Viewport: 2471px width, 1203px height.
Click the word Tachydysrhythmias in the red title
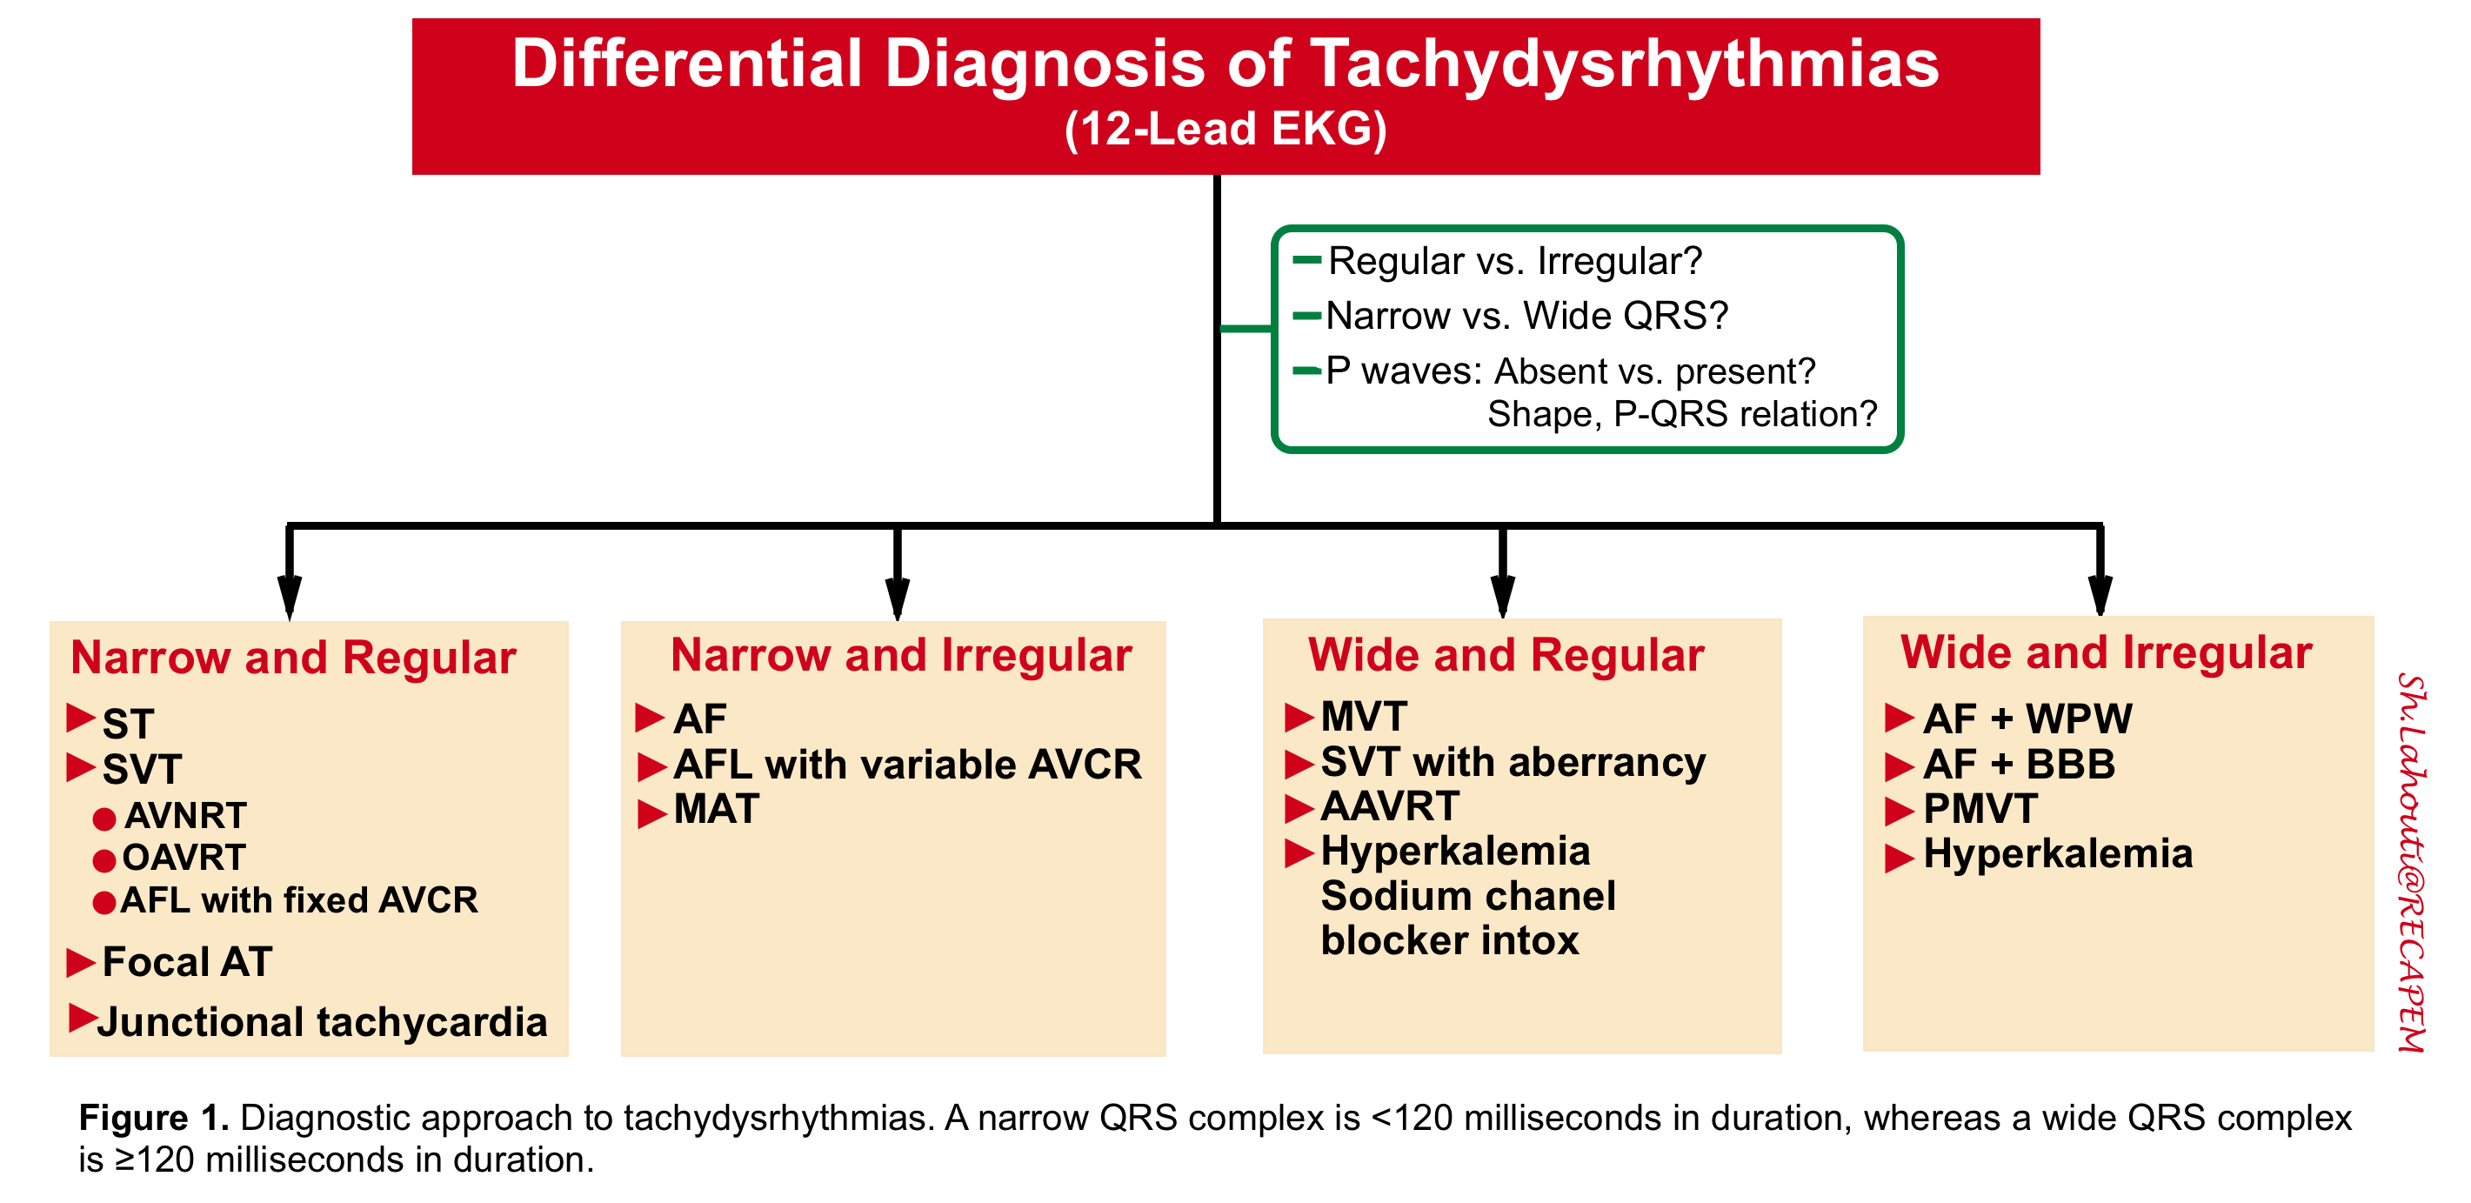1623,65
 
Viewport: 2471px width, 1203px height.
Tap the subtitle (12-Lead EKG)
1225,130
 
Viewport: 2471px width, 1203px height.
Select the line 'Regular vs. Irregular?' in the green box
1513,261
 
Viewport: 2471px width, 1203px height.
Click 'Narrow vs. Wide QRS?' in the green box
1526,316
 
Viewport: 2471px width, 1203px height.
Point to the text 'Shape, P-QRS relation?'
1680,414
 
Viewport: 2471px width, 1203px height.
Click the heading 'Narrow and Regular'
293,658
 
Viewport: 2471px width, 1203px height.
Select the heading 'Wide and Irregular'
2106,652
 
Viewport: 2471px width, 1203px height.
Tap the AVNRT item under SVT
185,815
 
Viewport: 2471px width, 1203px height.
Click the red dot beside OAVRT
104,860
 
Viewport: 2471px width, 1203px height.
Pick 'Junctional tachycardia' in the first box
323,1023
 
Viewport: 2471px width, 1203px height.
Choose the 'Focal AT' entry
187,962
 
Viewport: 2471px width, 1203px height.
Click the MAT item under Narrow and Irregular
716,810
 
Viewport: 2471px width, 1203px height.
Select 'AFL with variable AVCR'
906,765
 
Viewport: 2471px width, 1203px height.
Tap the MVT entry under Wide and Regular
1363,717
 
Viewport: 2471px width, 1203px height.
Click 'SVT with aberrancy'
1512,762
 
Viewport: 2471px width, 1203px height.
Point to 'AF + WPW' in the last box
2027,718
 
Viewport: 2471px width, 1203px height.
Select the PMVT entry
1980,809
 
